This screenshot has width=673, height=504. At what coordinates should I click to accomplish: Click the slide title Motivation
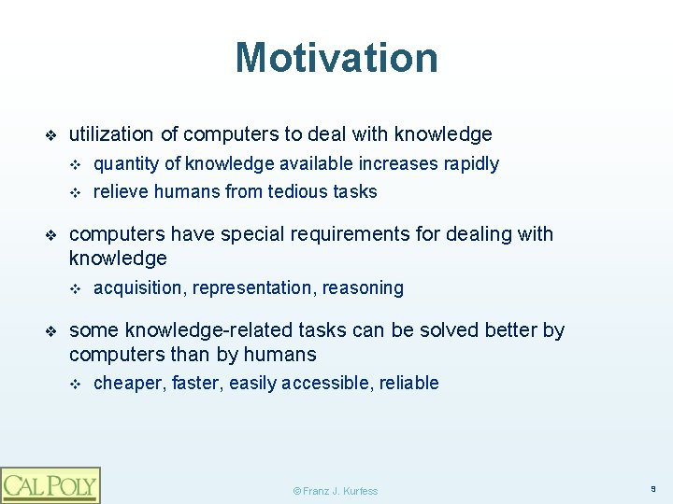(x=336, y=57)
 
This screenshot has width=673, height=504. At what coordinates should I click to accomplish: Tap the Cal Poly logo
(x=50, y=485)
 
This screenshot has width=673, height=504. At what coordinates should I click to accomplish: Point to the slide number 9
(x=654, y=487)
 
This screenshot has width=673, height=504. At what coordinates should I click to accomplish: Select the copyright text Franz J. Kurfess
(x=336, y=491)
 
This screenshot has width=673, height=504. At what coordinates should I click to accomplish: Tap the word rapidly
(x=471, y=164)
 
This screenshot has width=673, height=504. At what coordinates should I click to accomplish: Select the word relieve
(x=120, y=192)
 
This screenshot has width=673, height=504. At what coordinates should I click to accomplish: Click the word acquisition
(x=139, y=288)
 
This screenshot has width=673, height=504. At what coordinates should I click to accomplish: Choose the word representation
(x=252, y=288)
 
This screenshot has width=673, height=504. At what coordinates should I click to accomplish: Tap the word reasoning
(x=363, y=288)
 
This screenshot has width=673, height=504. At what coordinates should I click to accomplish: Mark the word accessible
(x=326, y=383)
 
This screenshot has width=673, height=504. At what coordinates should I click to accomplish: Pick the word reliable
(x=408, y=383)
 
